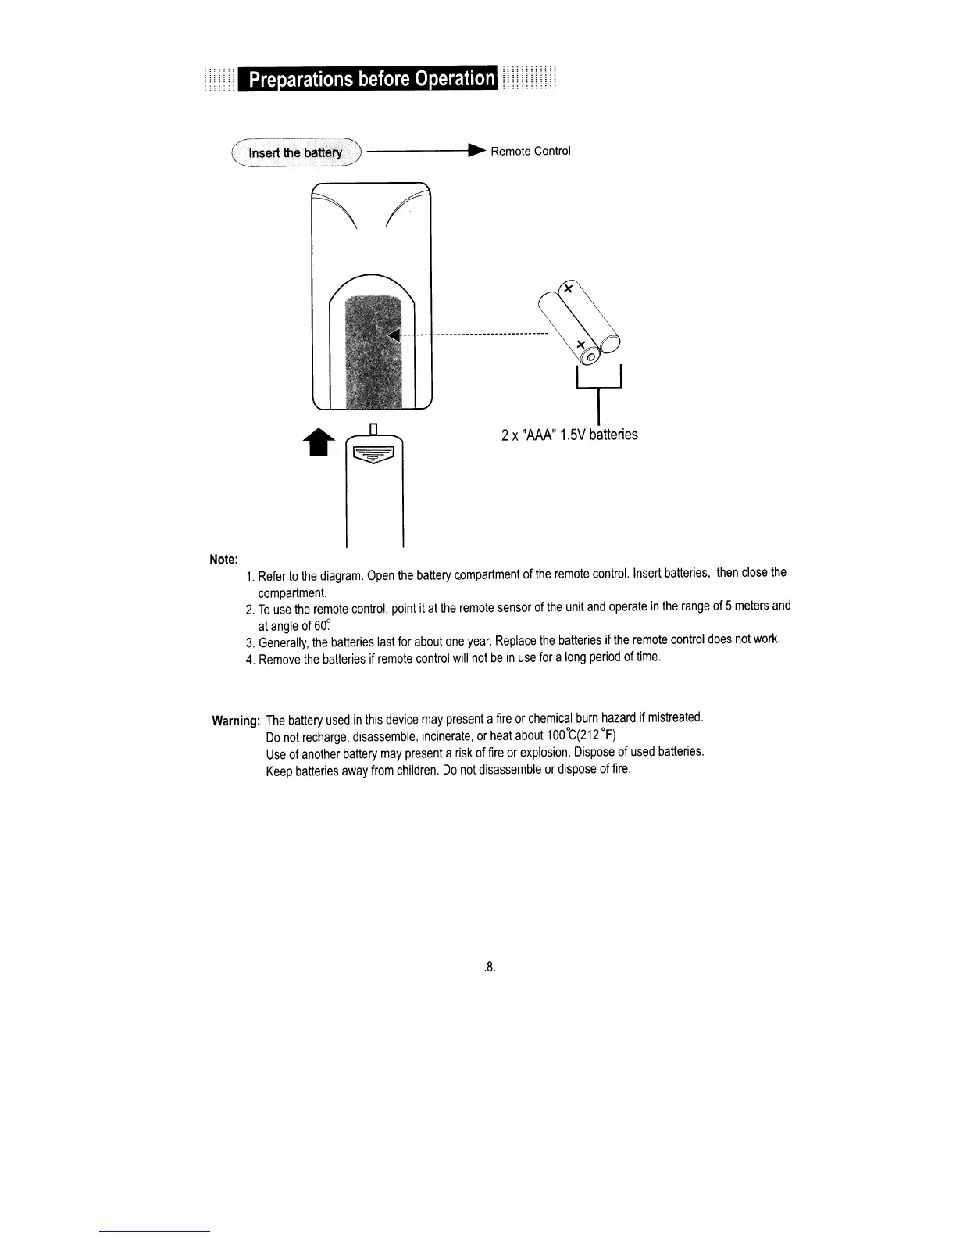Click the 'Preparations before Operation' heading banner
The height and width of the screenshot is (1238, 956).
coord(369,79)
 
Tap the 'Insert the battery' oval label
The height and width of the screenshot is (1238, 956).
coord(295,152)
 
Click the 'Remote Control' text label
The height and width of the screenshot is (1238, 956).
coord(530,151)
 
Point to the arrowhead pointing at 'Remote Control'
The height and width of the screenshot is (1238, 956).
coord(476,151)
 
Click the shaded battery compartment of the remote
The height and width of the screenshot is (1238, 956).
coord(373,352)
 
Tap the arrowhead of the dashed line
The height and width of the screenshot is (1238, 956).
coord(394,335)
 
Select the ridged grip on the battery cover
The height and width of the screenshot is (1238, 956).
coord(373,455)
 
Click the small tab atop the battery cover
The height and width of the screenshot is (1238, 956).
coord(373,428)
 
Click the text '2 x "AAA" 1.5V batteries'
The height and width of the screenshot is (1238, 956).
coord(569,435)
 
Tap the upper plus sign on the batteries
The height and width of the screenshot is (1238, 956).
coord(569,289)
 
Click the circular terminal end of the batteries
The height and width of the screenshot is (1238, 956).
coord(591,357)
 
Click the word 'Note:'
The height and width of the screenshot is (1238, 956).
coord(223,560)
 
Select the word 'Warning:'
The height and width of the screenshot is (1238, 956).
coord(235,721)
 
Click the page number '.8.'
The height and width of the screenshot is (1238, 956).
coord(490,968)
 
